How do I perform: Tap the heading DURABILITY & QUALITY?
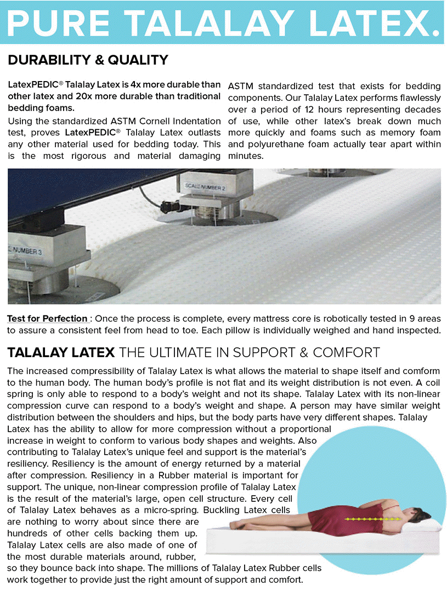tap(88, 60)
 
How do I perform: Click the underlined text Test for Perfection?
tap(47, 319)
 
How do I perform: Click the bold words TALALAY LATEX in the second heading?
tap(61, 352)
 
